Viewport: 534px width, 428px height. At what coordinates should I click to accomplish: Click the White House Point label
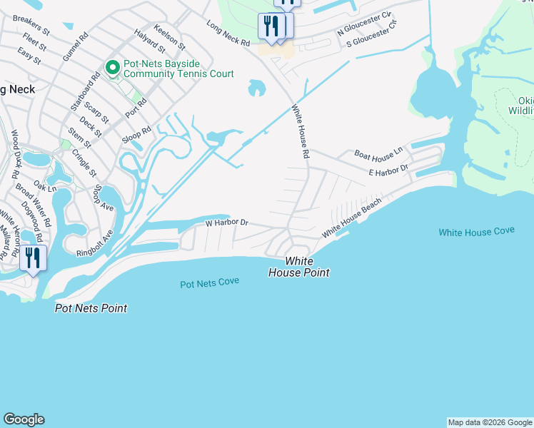(298, 267)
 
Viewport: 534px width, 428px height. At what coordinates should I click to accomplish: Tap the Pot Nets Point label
(91, 308)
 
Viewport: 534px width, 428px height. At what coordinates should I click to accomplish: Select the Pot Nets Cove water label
(209, 283)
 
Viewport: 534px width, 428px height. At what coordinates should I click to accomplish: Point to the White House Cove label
(475, 233)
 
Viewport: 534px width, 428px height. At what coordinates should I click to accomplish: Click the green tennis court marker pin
(112, 68)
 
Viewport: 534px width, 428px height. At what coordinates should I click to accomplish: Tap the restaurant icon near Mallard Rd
(33, 258)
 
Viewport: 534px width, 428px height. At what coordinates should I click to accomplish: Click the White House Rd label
(301, 133)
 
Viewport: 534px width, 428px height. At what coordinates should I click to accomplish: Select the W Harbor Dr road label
(226, 223)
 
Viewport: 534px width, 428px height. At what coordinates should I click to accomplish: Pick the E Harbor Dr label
(388, 170)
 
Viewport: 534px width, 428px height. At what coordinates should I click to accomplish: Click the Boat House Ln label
(379, 153)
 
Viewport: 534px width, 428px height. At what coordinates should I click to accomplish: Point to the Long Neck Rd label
(228, 34)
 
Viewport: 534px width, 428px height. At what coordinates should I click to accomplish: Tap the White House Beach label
(351, 218)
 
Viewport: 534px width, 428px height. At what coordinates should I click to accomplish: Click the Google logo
(24, 419)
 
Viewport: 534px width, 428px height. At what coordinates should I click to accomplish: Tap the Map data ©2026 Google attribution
(490, 422)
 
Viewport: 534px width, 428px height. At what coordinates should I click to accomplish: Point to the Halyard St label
(149, 41)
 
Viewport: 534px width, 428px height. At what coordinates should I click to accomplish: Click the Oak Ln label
(44, 186)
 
